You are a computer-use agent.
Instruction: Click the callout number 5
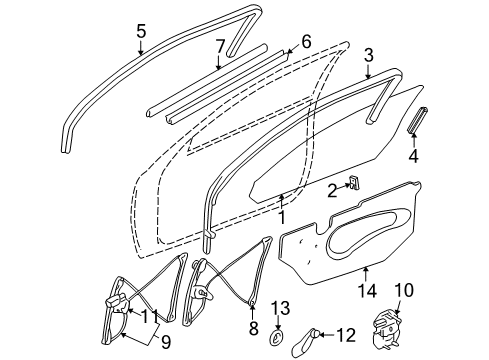tap(141, 30)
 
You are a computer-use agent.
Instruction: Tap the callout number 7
tap(220, 47)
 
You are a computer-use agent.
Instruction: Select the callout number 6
tap(305, 42)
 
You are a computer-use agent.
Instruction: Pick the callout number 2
tap(331, 190)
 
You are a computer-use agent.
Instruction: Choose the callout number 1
tap(283, 214)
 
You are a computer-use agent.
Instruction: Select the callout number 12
tap(372, 333)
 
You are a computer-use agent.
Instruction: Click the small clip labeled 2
tap(354, 182)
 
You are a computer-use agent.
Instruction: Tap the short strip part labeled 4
tap(416, 123)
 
